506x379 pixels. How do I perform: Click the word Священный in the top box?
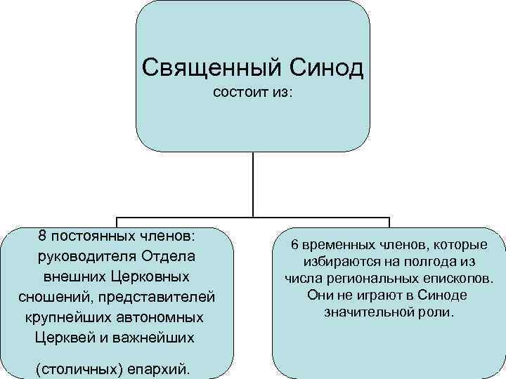pos(205,67)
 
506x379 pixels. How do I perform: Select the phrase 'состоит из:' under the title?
pos(253,93)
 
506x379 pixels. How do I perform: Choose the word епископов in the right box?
pos(455,279)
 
